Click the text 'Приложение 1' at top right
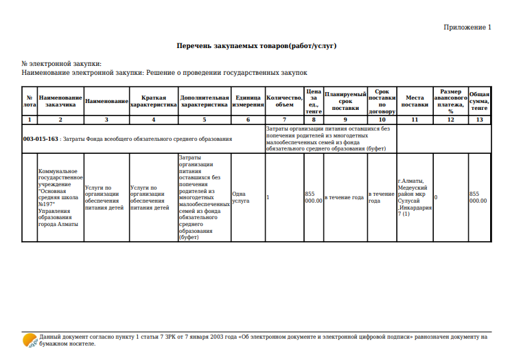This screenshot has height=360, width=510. point(467,27)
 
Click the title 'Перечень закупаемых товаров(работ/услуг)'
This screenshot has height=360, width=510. point(256,46)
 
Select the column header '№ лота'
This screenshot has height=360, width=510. point(30,101)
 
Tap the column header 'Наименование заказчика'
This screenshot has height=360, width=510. point(60,101)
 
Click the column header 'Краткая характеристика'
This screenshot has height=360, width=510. point(153,101)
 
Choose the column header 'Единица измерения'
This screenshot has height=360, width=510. point(248,101)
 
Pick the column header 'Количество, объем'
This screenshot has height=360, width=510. point(284,101)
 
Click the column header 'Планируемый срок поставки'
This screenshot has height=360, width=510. point(345,101)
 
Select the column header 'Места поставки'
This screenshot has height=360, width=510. point(415,101)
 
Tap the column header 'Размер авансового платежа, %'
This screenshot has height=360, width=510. point(450,101)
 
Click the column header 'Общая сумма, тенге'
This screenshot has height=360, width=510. point(479,101)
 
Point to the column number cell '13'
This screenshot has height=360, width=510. point(479,120)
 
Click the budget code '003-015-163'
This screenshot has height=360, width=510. point(40,139)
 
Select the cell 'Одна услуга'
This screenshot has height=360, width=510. point(241,197)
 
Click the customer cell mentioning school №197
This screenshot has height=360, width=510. point(60,197)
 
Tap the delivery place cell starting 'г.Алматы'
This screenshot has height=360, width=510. point(415,197)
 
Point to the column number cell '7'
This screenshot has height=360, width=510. point(284,120)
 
